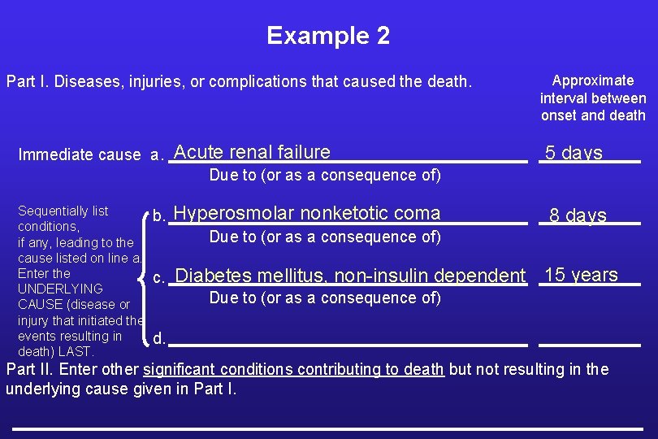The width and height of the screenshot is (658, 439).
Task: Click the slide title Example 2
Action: click(x=328, y=36)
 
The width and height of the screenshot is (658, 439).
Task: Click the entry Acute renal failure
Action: click(x=252, y=152)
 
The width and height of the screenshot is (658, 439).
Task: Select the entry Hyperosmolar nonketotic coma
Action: click(x=307, y=214)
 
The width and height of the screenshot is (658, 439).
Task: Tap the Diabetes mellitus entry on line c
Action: click(x=350, y=276)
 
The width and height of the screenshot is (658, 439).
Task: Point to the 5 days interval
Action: click(x=574, y=153)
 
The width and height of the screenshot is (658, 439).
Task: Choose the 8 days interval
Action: click(x=578, y=215)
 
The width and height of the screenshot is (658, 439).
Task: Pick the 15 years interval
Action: click(x=581, y=275)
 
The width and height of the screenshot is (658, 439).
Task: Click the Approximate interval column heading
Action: click(x=593, y=98)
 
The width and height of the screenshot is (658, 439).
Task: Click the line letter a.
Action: click(x=157, y=154)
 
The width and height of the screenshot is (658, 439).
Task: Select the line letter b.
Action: click(x=159, y=216)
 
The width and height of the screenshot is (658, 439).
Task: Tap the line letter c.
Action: click(x=159, y=277)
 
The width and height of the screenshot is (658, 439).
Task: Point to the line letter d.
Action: click(x=159, y=338)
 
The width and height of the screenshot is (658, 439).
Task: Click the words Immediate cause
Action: click(x=80, y=154)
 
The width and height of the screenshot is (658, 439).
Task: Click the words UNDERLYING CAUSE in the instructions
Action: click(x=61, y=297)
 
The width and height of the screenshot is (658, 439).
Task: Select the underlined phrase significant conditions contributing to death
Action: click(x=293, y=370)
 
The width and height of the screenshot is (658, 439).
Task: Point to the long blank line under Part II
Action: click(x=327, y=428)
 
